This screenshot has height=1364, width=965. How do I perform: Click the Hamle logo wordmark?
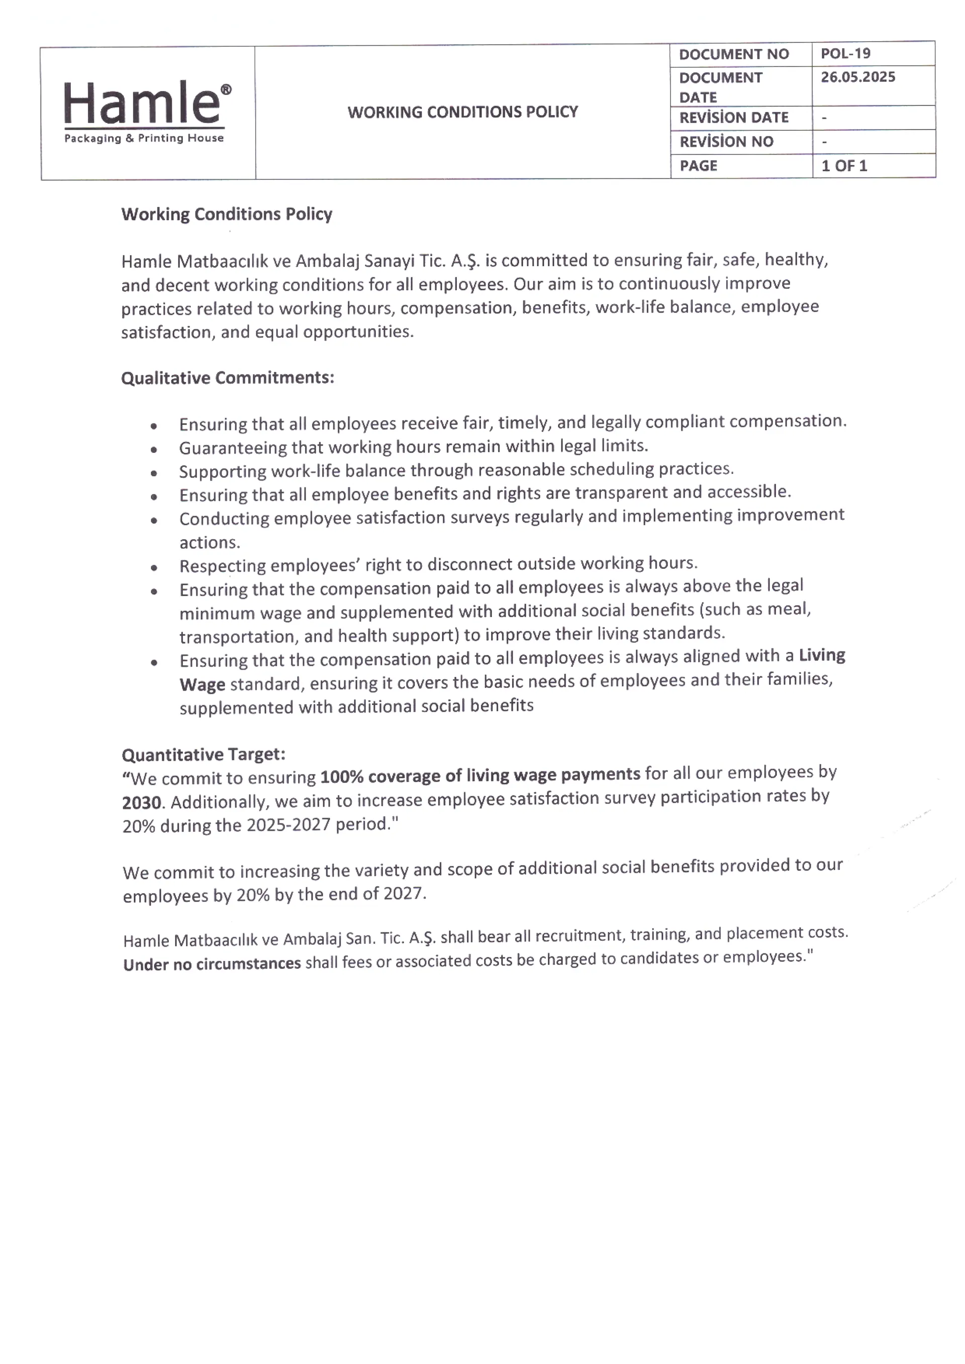[x=141, y=104]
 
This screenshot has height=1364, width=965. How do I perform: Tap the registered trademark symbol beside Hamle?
[x=226, y=89]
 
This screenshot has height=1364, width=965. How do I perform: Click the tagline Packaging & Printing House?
[x=144, y=138]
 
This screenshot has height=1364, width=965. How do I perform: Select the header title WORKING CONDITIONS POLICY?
[x=462, y=112]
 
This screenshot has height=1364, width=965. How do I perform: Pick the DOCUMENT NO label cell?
[x=734, y=54]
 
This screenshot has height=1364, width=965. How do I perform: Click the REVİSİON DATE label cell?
[x=734, y=118]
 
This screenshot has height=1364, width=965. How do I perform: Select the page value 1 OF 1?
[x=844, y=166]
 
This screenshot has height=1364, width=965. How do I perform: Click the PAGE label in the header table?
[x=698, y=166]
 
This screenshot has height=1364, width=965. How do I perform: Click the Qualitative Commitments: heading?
[x=228, y=378]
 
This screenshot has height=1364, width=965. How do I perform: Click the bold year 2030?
[x=142, y=803]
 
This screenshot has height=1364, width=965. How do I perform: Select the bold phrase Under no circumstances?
[x=212, y=963]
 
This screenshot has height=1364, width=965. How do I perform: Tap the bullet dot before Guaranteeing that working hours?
[x=154, y=450]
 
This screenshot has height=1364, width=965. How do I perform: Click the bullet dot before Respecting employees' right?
[x=154, y=567]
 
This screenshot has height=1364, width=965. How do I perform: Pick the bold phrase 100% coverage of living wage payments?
[x=480, y=775]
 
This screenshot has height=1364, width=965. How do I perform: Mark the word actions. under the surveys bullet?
[x=210, y=542]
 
